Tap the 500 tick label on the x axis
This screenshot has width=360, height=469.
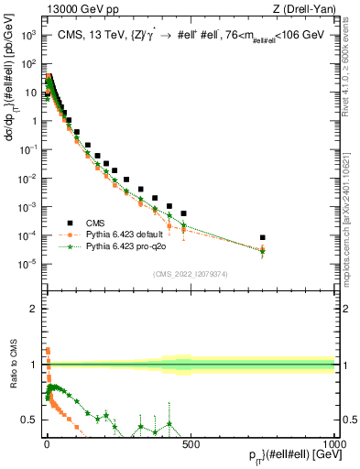[191, 443]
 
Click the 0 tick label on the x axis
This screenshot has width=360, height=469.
[47, 443]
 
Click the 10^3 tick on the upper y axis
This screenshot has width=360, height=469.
[29, 35]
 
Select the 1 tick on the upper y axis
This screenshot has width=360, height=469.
[34, 121]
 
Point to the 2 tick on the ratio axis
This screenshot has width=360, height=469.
[34, 309]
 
